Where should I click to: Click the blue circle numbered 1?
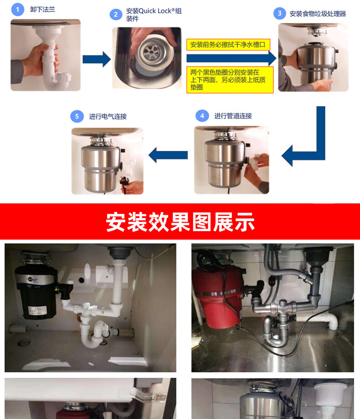point(18,10)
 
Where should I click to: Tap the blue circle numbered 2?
point(116,15)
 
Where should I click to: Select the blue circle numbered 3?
point(280,13)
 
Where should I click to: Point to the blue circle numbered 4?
point(202,116)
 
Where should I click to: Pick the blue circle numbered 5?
point(77,117)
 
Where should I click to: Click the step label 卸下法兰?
point(43,10)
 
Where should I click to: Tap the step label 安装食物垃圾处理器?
point(318,14)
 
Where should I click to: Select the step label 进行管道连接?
point(233,116)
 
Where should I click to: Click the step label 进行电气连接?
point(108,117)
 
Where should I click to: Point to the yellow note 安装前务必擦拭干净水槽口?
point(228,45)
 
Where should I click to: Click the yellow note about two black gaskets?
point(230,80)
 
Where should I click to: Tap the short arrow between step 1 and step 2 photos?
point(97,59)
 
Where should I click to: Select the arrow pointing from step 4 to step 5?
point(168,155)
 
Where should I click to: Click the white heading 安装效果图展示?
point(180,222)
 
